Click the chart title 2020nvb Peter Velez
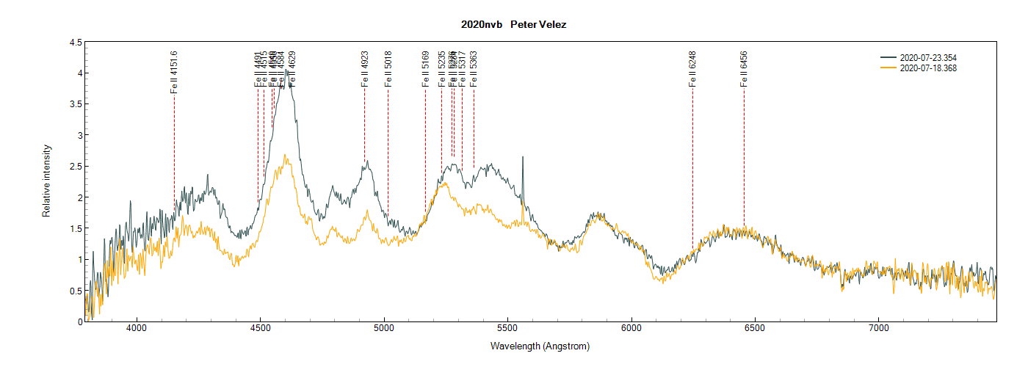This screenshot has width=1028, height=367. [x=513, y=24]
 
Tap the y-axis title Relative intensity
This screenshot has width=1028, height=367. [x=46, y=181]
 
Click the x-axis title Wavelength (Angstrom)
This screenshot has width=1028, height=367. [x=540, y=346]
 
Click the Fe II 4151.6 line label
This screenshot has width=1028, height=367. [x=174, y=72]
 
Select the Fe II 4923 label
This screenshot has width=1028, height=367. [x=364, y=70]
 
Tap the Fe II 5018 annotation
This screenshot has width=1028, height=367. [x=388, y=70]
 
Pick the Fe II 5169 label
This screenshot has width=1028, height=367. [x=425, y=70]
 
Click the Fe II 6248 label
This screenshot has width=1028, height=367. [x=692, y=70]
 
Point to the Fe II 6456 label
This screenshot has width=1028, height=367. [x=744, y=70]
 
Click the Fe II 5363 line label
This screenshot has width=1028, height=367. [x=474, y=70]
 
